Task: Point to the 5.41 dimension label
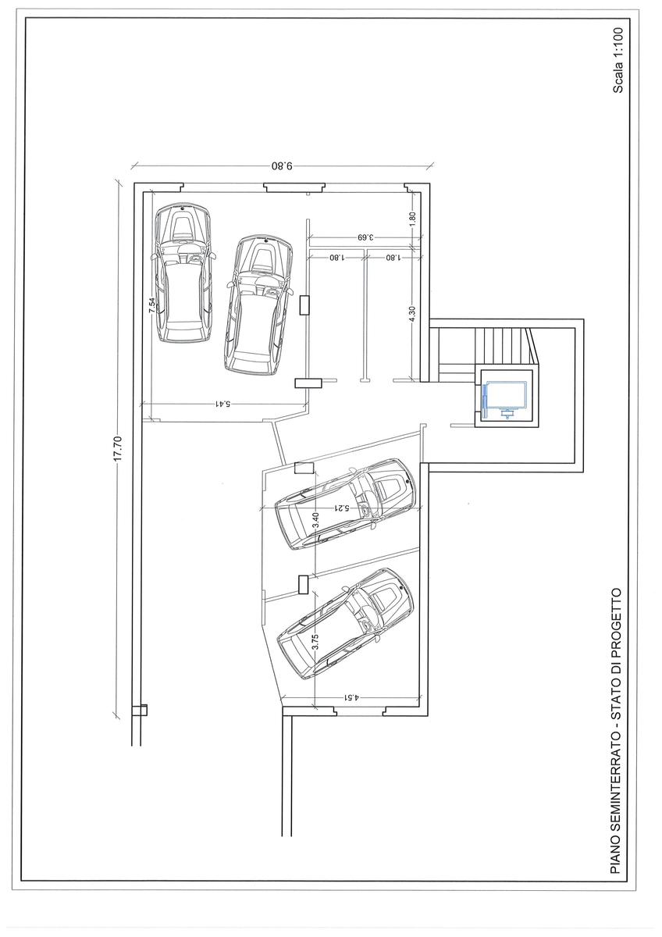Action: pyautogui.click(x=223, y=404)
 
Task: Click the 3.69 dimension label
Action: pyautogui.click(x=365, y=237)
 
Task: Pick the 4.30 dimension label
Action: pyautogui.click(x=413, y=314)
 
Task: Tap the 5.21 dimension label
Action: pyautogui.click(x=341, y=508)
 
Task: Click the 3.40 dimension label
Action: pyautogui.click(x=316, y=520)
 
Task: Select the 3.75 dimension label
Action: pyautogui.click(x=316, y=641)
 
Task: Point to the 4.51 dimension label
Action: pyautogui.click(x=351, y=697)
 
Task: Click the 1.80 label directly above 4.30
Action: pyautogui.click(x=413, y=219)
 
